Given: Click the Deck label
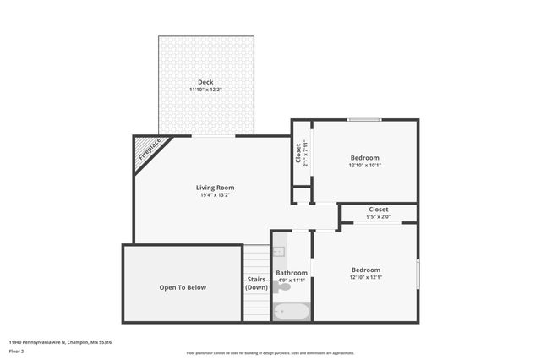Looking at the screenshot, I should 205,82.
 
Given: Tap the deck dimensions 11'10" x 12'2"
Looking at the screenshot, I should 205,89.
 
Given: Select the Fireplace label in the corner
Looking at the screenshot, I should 150,150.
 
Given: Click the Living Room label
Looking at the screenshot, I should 215,188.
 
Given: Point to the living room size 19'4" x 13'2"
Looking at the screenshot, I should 215,195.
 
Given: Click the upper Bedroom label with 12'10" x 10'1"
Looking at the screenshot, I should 364,158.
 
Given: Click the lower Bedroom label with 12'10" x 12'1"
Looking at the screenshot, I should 365,270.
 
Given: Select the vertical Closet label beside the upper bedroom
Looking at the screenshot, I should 298,153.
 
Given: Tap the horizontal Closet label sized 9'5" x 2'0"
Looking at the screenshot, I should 378,210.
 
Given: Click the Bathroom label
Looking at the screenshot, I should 292,273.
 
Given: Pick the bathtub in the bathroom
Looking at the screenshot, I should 292,312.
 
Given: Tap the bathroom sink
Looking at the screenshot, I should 279,252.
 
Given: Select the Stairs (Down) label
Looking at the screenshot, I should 256,283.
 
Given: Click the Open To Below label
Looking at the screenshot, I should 183,287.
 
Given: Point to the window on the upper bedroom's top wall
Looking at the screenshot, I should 363,119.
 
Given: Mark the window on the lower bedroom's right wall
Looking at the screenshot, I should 418,275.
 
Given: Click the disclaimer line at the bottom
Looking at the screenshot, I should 270,353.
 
